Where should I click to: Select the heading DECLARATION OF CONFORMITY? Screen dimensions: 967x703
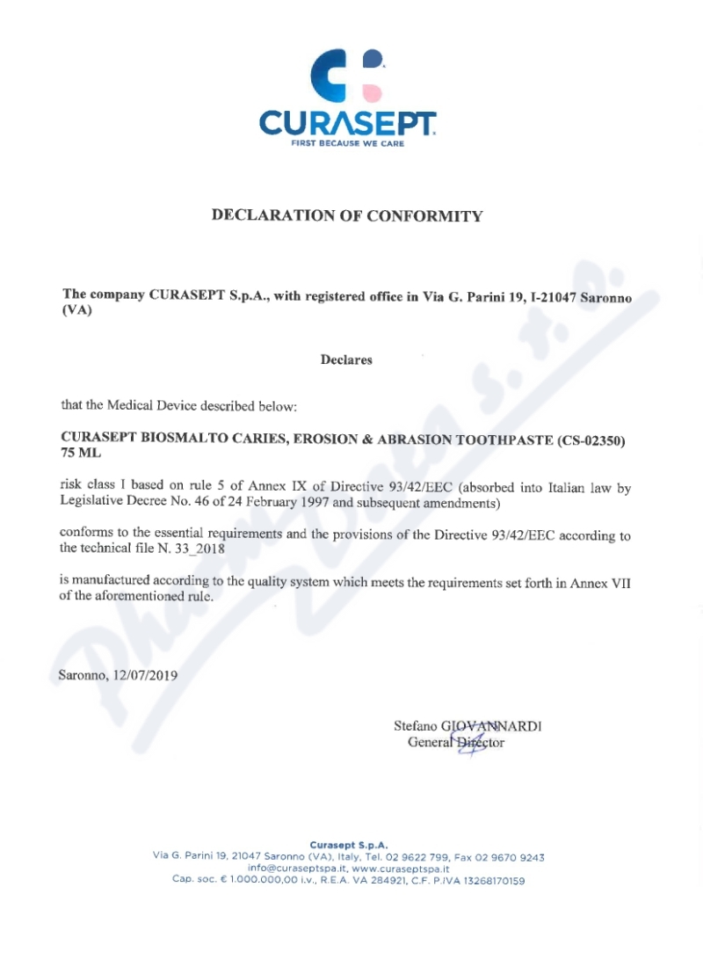tap(347, 215)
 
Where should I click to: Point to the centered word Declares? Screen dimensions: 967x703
tap(346, 360)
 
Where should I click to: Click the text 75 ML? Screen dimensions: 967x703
tap(81, 454)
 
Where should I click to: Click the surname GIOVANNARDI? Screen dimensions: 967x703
tap(491, 726)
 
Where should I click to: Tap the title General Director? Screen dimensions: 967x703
tap(456, 743)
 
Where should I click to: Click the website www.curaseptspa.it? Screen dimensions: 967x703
tap(401, 869)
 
